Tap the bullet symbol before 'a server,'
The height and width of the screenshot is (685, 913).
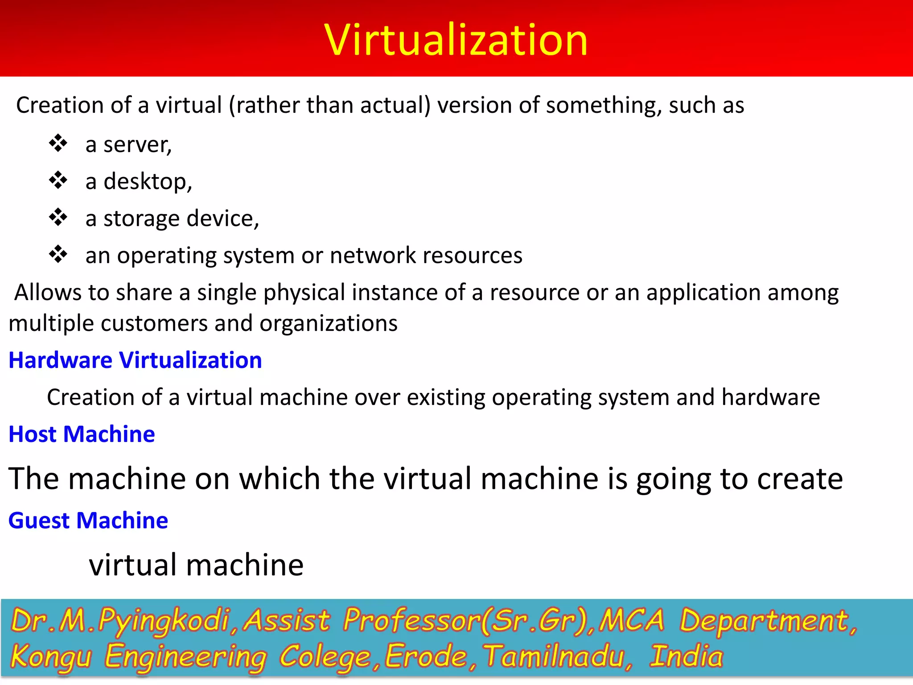coord(58,144)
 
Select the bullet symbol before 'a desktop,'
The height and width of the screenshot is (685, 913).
coord(58,181)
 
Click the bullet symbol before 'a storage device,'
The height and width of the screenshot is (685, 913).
coord(58,218)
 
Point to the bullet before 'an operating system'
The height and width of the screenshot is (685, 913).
coord(58,255)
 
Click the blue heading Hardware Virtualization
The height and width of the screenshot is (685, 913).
coord(135,360)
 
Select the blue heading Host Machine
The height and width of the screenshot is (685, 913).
coord(82,434)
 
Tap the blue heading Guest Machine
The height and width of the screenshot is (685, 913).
coord(88,520)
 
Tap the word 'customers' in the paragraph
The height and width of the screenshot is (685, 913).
coord(154,323)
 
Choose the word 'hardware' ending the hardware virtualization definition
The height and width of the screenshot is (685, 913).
coord(770,397)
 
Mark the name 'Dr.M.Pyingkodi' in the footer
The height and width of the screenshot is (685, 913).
coord(120,621)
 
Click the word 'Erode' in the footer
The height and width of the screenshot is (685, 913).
coord(426,657)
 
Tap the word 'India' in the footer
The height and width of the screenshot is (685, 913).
coord(686,657)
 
